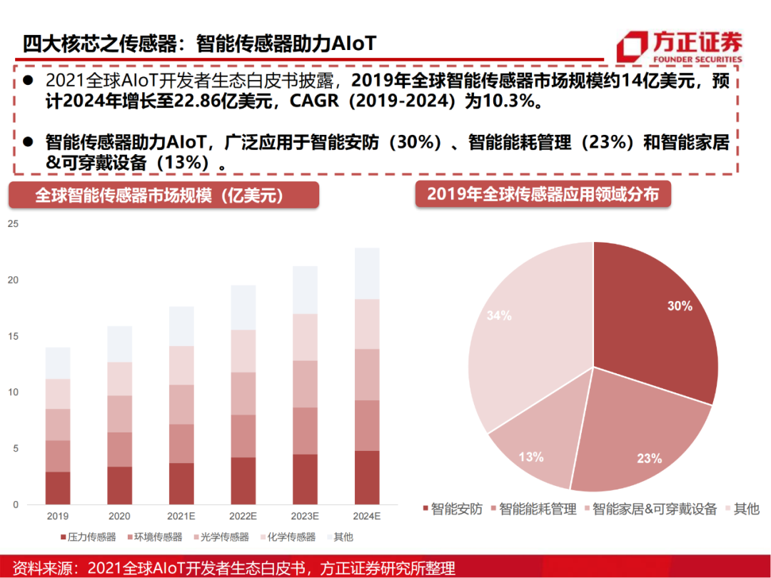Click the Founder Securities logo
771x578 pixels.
(x=680, y=47)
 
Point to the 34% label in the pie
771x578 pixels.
(x=498, y=315)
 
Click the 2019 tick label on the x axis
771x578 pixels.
(x=58, y=515)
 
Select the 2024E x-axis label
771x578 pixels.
(x=368, y=515)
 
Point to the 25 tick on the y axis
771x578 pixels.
(x=12, y=224)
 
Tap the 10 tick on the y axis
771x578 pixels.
(x=12, y=392)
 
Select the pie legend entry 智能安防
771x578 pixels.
(x=453, y=509)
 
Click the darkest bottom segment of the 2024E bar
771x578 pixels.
(x=368, y=477)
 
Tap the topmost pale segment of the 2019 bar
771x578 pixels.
(x=58, y=363)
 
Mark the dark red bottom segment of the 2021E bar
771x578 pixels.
(x=181, y=484)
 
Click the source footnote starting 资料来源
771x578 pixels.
(x=228, y=567)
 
